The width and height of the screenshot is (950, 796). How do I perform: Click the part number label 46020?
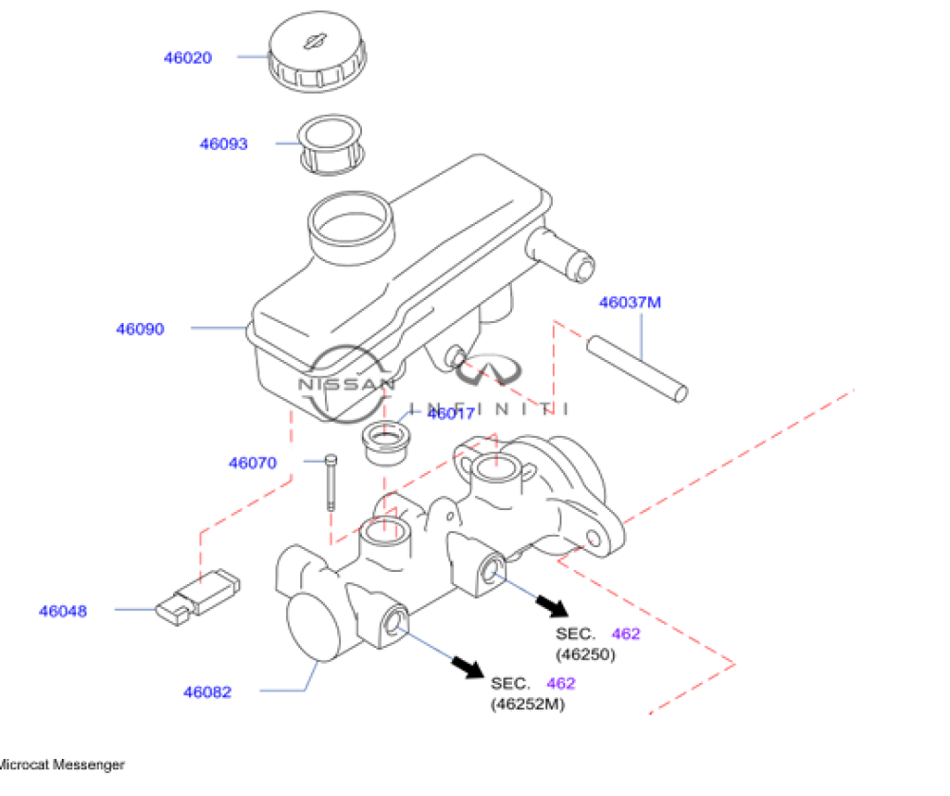point(187,57)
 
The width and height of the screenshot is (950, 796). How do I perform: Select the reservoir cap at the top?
point(316,55)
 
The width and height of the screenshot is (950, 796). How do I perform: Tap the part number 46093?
point(223,144)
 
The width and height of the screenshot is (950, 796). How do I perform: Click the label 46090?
point(140,330)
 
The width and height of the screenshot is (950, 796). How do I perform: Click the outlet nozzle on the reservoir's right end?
point(561,253)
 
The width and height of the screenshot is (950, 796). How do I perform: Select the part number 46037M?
point(629,303)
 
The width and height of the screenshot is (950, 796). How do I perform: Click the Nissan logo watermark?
point(346,385)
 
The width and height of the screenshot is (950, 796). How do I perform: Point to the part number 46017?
point(451,413)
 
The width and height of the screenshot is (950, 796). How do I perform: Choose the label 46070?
point(252,464)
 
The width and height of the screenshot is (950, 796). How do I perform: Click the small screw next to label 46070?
point(329,483)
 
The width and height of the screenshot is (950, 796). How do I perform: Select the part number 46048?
point(63,611)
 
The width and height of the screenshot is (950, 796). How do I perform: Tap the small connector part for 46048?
point(198,597)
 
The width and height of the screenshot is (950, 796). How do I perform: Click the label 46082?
point(207,692)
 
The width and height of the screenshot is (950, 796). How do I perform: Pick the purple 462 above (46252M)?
point(560,683)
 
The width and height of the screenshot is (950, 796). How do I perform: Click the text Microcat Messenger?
point(61,764)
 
